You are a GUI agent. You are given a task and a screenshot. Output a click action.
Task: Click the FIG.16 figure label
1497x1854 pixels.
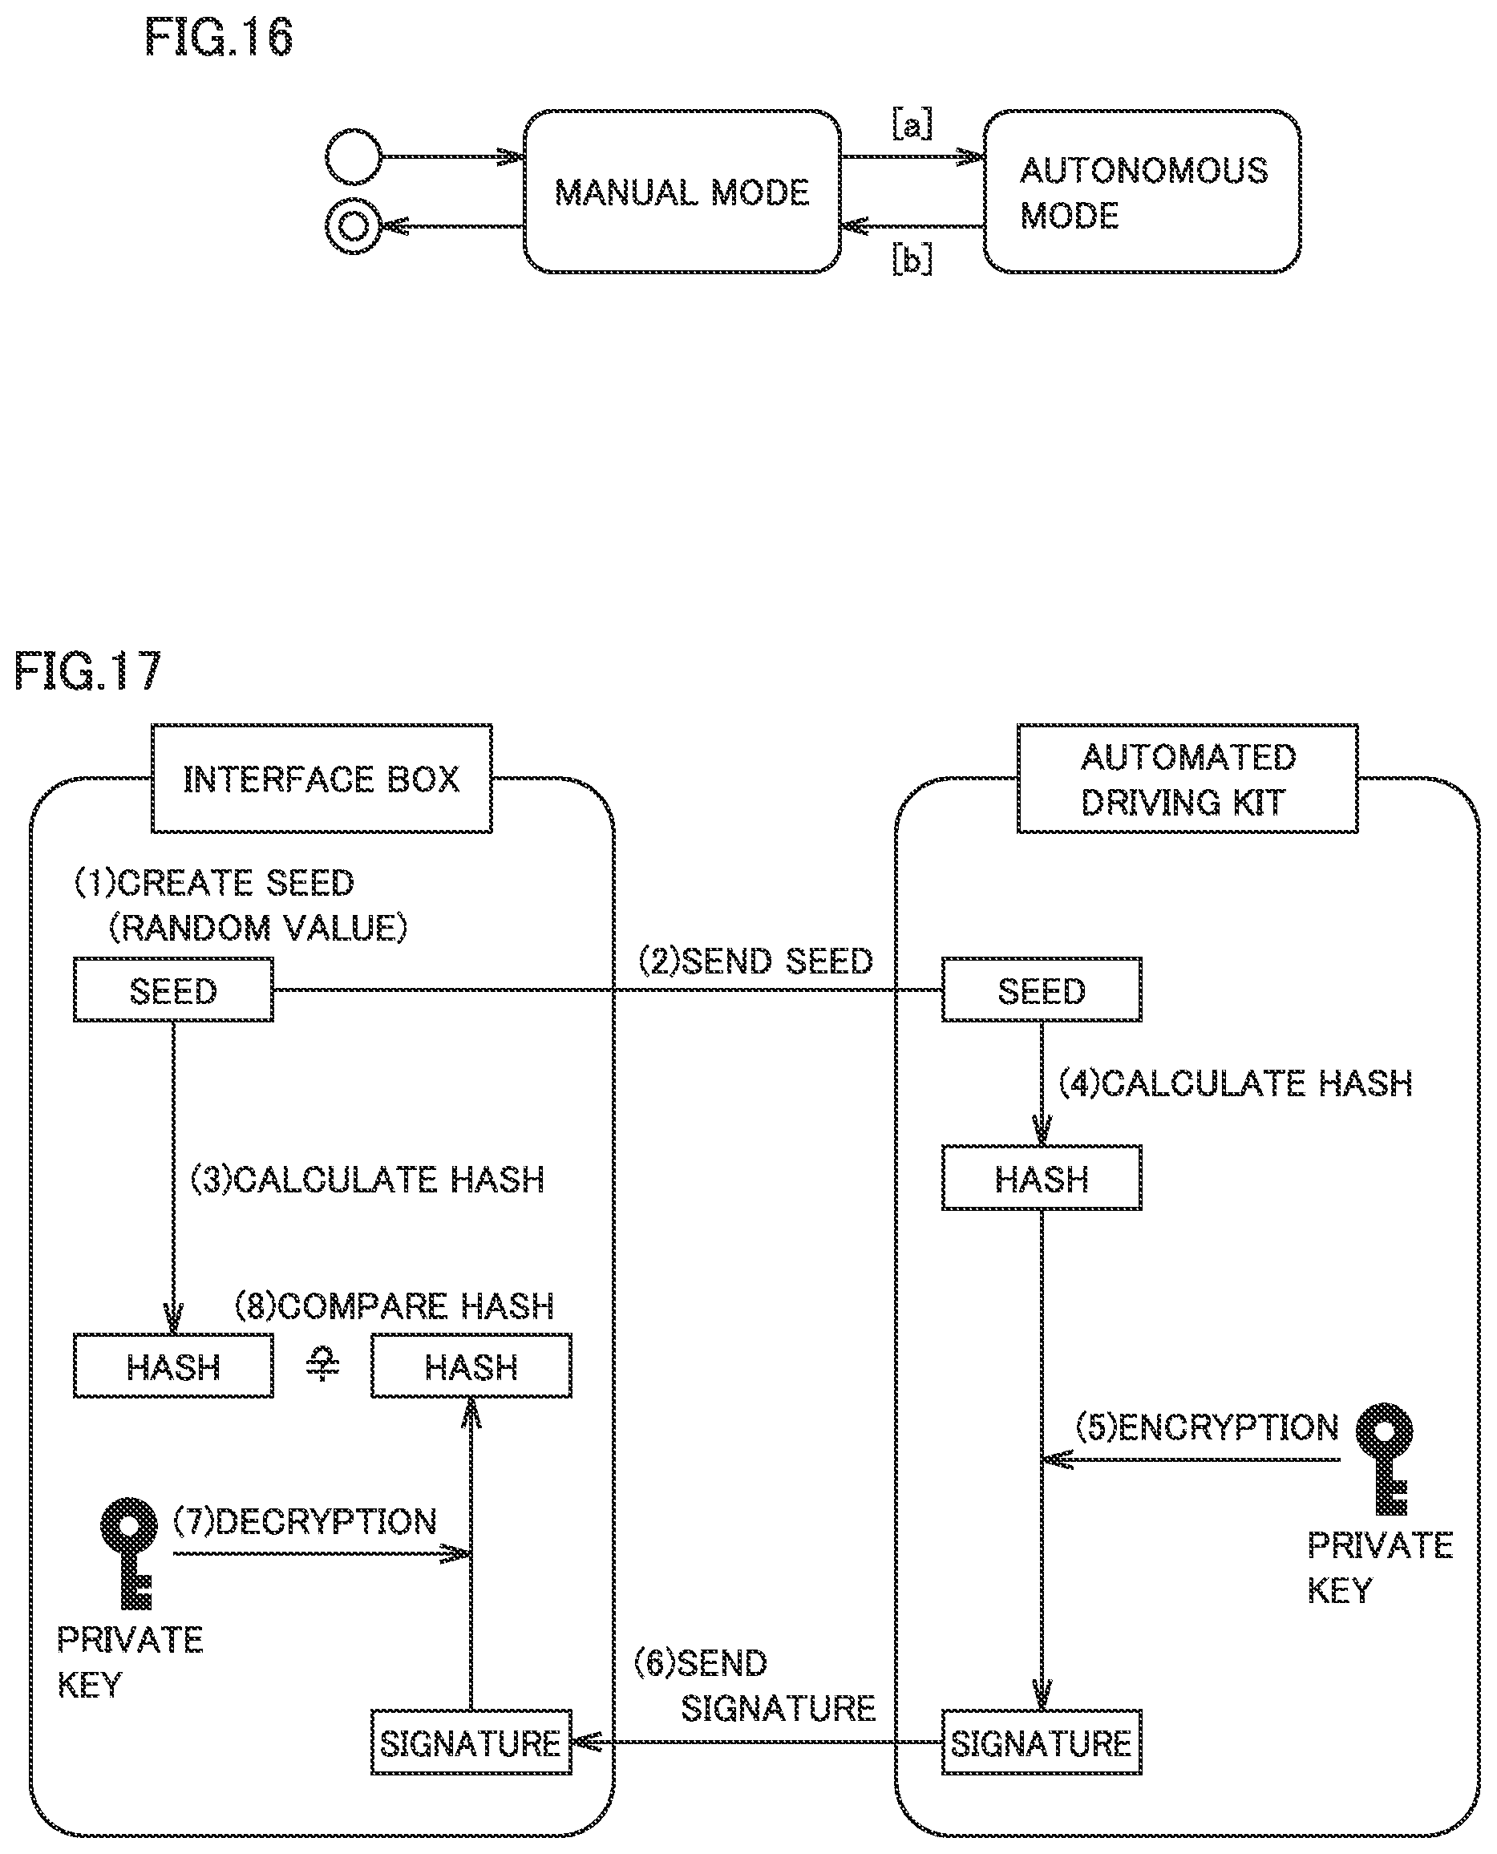click(x=218, y=38)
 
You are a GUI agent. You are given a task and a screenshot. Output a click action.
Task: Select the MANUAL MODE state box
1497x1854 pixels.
click(x=682, y=192)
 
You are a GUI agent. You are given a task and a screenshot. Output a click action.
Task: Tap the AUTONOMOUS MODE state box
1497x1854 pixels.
click(x=1142, y=192)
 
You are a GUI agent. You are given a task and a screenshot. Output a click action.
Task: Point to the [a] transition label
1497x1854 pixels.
click(x=912, y=123)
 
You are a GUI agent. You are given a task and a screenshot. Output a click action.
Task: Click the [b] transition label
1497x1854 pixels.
click(x=912, y=259)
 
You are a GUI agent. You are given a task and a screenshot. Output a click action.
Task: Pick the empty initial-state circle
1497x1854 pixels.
click(x=353, y=157)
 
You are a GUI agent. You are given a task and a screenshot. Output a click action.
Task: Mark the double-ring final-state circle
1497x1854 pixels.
click(x=353, y=227)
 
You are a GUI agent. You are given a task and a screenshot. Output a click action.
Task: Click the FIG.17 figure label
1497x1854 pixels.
click(x=88, y=671)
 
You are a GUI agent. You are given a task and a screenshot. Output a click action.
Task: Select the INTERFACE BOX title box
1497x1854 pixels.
click(x=322, y=779)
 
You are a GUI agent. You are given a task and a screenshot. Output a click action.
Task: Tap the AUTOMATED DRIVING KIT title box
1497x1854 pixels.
click(x=1187, y=779)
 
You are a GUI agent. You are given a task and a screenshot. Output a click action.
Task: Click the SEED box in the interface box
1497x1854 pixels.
click(x=173, y=990)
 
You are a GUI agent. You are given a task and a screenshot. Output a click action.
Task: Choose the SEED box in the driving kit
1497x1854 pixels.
click(x=1041, y=990)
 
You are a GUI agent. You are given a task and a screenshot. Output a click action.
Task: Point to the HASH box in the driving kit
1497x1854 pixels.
click(x=1041, y=1178)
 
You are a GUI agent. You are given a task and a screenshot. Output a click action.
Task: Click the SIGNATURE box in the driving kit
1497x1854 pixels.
click(x=1041, y=1743)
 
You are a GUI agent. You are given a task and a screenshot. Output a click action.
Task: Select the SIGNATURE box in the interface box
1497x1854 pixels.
click(x=471, y=1743)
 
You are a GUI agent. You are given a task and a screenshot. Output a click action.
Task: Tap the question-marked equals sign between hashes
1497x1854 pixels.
click(x=323, y=1365)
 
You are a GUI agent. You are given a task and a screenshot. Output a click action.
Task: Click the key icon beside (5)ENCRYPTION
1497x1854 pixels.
click(x=1384, y=1458)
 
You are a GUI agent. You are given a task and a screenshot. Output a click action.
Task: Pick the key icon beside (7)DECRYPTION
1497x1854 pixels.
click(x=129, y=1552)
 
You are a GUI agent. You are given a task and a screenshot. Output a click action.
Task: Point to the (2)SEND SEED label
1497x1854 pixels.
click(x=755, y=961)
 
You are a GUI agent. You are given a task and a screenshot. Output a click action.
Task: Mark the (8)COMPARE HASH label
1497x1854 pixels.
click(x=394, y=1305)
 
